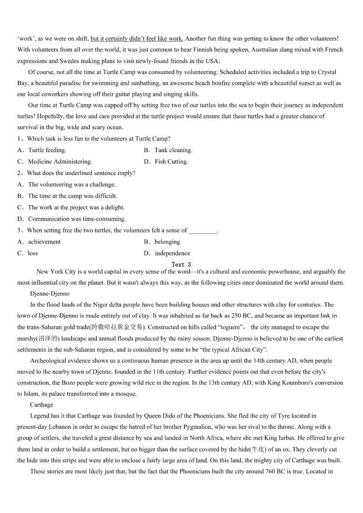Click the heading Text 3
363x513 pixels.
pyautogui.click(x=181, y=264)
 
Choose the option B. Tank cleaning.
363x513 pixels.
pyautogui.click(x=168, y=150)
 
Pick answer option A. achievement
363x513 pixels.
pyautogui.click(x=39, y=242)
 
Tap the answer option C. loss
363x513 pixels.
pyautogui.click(x=27, y=253)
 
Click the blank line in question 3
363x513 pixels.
pyautogui.click(x=203, y=231)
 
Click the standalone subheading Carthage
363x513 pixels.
pyautogui.click(x=42, y=405)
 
